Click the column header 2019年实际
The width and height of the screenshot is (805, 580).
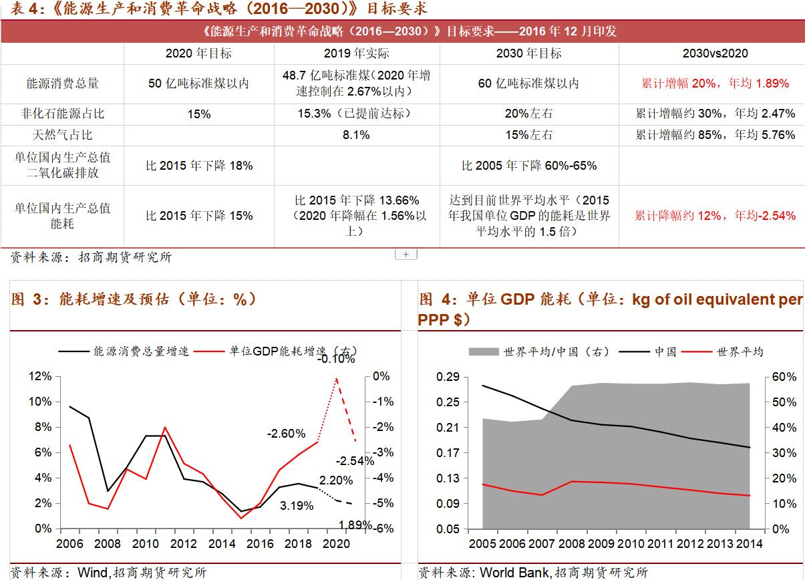356,53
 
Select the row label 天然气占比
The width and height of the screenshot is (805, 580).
62,135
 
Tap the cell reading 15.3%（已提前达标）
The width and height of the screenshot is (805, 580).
356,114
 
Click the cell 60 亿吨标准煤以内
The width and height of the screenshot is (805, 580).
528,84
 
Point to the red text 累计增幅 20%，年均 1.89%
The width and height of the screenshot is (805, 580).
715,84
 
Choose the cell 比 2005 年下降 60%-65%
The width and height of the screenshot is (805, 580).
528,165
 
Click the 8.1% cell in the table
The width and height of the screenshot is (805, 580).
356,135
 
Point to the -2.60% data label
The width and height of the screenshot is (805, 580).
286,434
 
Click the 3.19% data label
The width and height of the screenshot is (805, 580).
297,506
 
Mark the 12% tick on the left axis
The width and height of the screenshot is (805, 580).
40,377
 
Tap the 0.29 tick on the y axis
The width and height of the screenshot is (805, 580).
448,377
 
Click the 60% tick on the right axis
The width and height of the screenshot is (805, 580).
784,377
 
